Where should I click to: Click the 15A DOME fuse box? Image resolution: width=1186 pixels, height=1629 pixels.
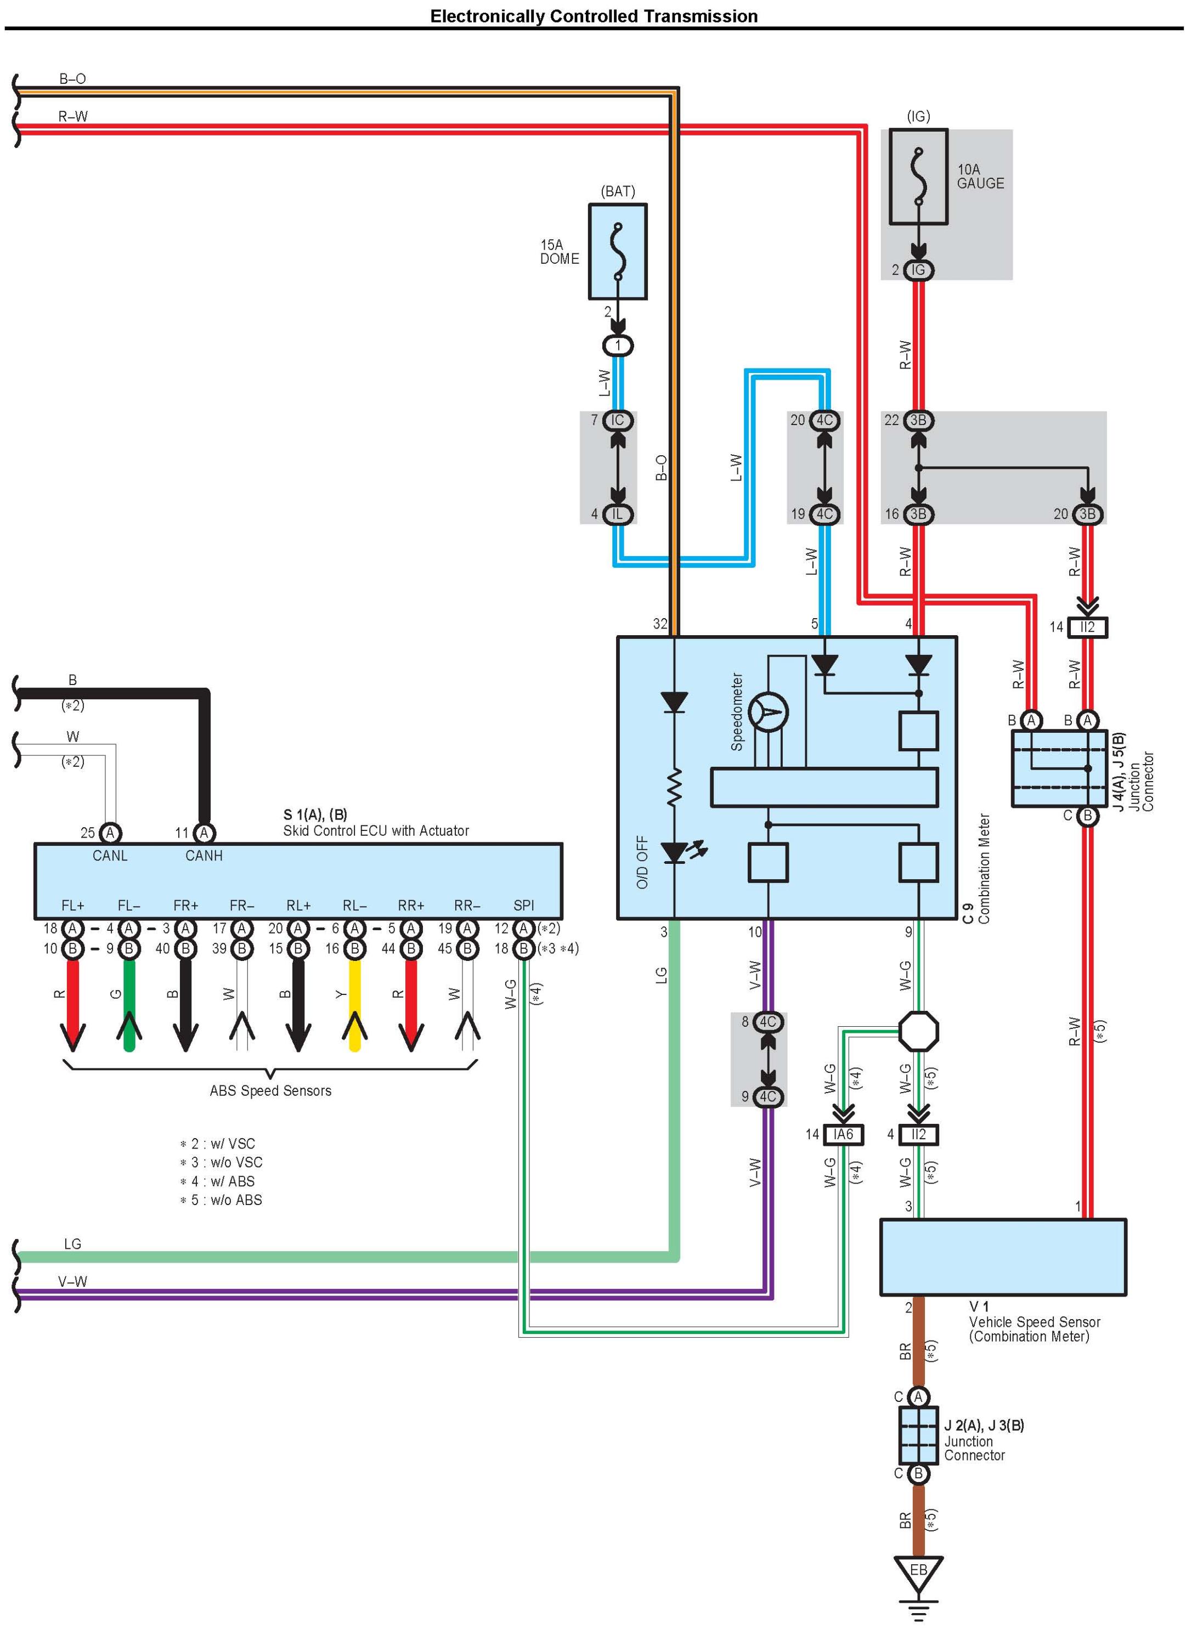pyautogui.click(x=617, y=251)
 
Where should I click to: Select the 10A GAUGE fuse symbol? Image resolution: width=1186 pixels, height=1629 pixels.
pyautogui.click(x=918, y=177)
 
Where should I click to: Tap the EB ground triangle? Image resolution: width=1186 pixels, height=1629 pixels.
pyautogui.click(x=918, y=1574)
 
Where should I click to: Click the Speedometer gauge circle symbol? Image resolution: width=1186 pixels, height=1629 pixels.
pyautogui.click(x=768, y=713)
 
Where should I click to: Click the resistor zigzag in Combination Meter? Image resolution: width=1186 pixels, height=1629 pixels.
pyautogui.click(x=674, y=787)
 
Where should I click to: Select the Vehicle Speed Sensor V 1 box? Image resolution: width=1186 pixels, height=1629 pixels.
pyautogui.click(x=1003, y=1257)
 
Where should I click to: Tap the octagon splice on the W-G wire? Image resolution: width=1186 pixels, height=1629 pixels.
pyautogui.click(x=919, y=1032)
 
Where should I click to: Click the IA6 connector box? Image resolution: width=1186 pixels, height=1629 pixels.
pyautogui.click(x=843, y=1134)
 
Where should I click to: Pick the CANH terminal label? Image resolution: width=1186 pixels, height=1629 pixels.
pyautogui.click(x=204, y=856)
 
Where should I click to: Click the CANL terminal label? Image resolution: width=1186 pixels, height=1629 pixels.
pyautogui.click(x=110, y=856)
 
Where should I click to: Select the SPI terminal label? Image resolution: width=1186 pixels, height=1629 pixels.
pyautogui.click(x=524, y=906)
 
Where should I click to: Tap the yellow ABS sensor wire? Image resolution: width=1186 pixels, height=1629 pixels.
pyautogui.click(x=354, y=1005)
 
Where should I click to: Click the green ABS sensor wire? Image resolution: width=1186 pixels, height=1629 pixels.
pyautogui.click(x=129, y=1005)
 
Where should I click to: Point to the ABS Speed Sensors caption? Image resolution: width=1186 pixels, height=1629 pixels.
pyautogui.click(x=270, y=1090)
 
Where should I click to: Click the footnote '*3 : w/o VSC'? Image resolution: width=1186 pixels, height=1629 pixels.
pyautogui.click(x=221, y=1162)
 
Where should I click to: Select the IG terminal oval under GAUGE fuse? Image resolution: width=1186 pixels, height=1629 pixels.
pyautogui.click(x=918, y=270)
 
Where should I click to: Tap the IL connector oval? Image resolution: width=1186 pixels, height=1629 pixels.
pyautogui.click(x=617, y=514)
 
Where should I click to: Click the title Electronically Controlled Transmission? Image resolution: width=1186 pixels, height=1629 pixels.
pyautogui.click(x=594, y=16)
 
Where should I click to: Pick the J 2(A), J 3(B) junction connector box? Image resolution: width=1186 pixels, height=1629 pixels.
pyautogui.click(x=918, y=1434)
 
